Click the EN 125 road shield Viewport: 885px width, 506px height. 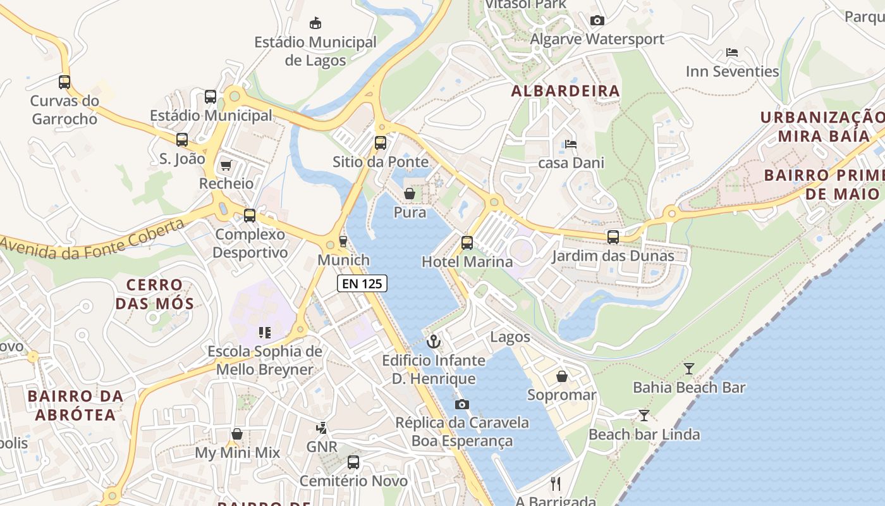(362, 283)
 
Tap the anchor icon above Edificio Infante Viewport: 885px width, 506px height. (434, 342)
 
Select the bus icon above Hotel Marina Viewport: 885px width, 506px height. (467, 242)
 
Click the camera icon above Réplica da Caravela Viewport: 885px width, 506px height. (462, 404)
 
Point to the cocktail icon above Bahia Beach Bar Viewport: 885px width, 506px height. (689, 368)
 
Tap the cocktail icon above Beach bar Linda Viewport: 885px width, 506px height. (644, 415)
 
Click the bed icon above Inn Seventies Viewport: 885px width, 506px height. (732, 52)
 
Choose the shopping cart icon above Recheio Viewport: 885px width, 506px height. (226, 165)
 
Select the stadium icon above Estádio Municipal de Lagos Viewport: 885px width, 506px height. (315, 23)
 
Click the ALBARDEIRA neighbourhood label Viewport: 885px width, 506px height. (565, 91)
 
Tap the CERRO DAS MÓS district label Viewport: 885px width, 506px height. (154, 294)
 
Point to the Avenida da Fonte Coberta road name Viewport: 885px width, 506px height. (93, 241)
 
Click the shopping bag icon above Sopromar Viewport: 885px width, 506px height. (561, 377)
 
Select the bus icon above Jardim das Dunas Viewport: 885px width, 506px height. (613, 237)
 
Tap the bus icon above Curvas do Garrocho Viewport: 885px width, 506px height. (64, 82)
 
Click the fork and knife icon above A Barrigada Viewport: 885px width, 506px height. (556, 484)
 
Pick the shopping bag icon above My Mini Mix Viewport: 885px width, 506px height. (237, 434)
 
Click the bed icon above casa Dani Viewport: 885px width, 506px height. (571, 144)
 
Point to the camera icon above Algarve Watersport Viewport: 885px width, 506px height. (597, 21)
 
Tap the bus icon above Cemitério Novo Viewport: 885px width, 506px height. (353, 462)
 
